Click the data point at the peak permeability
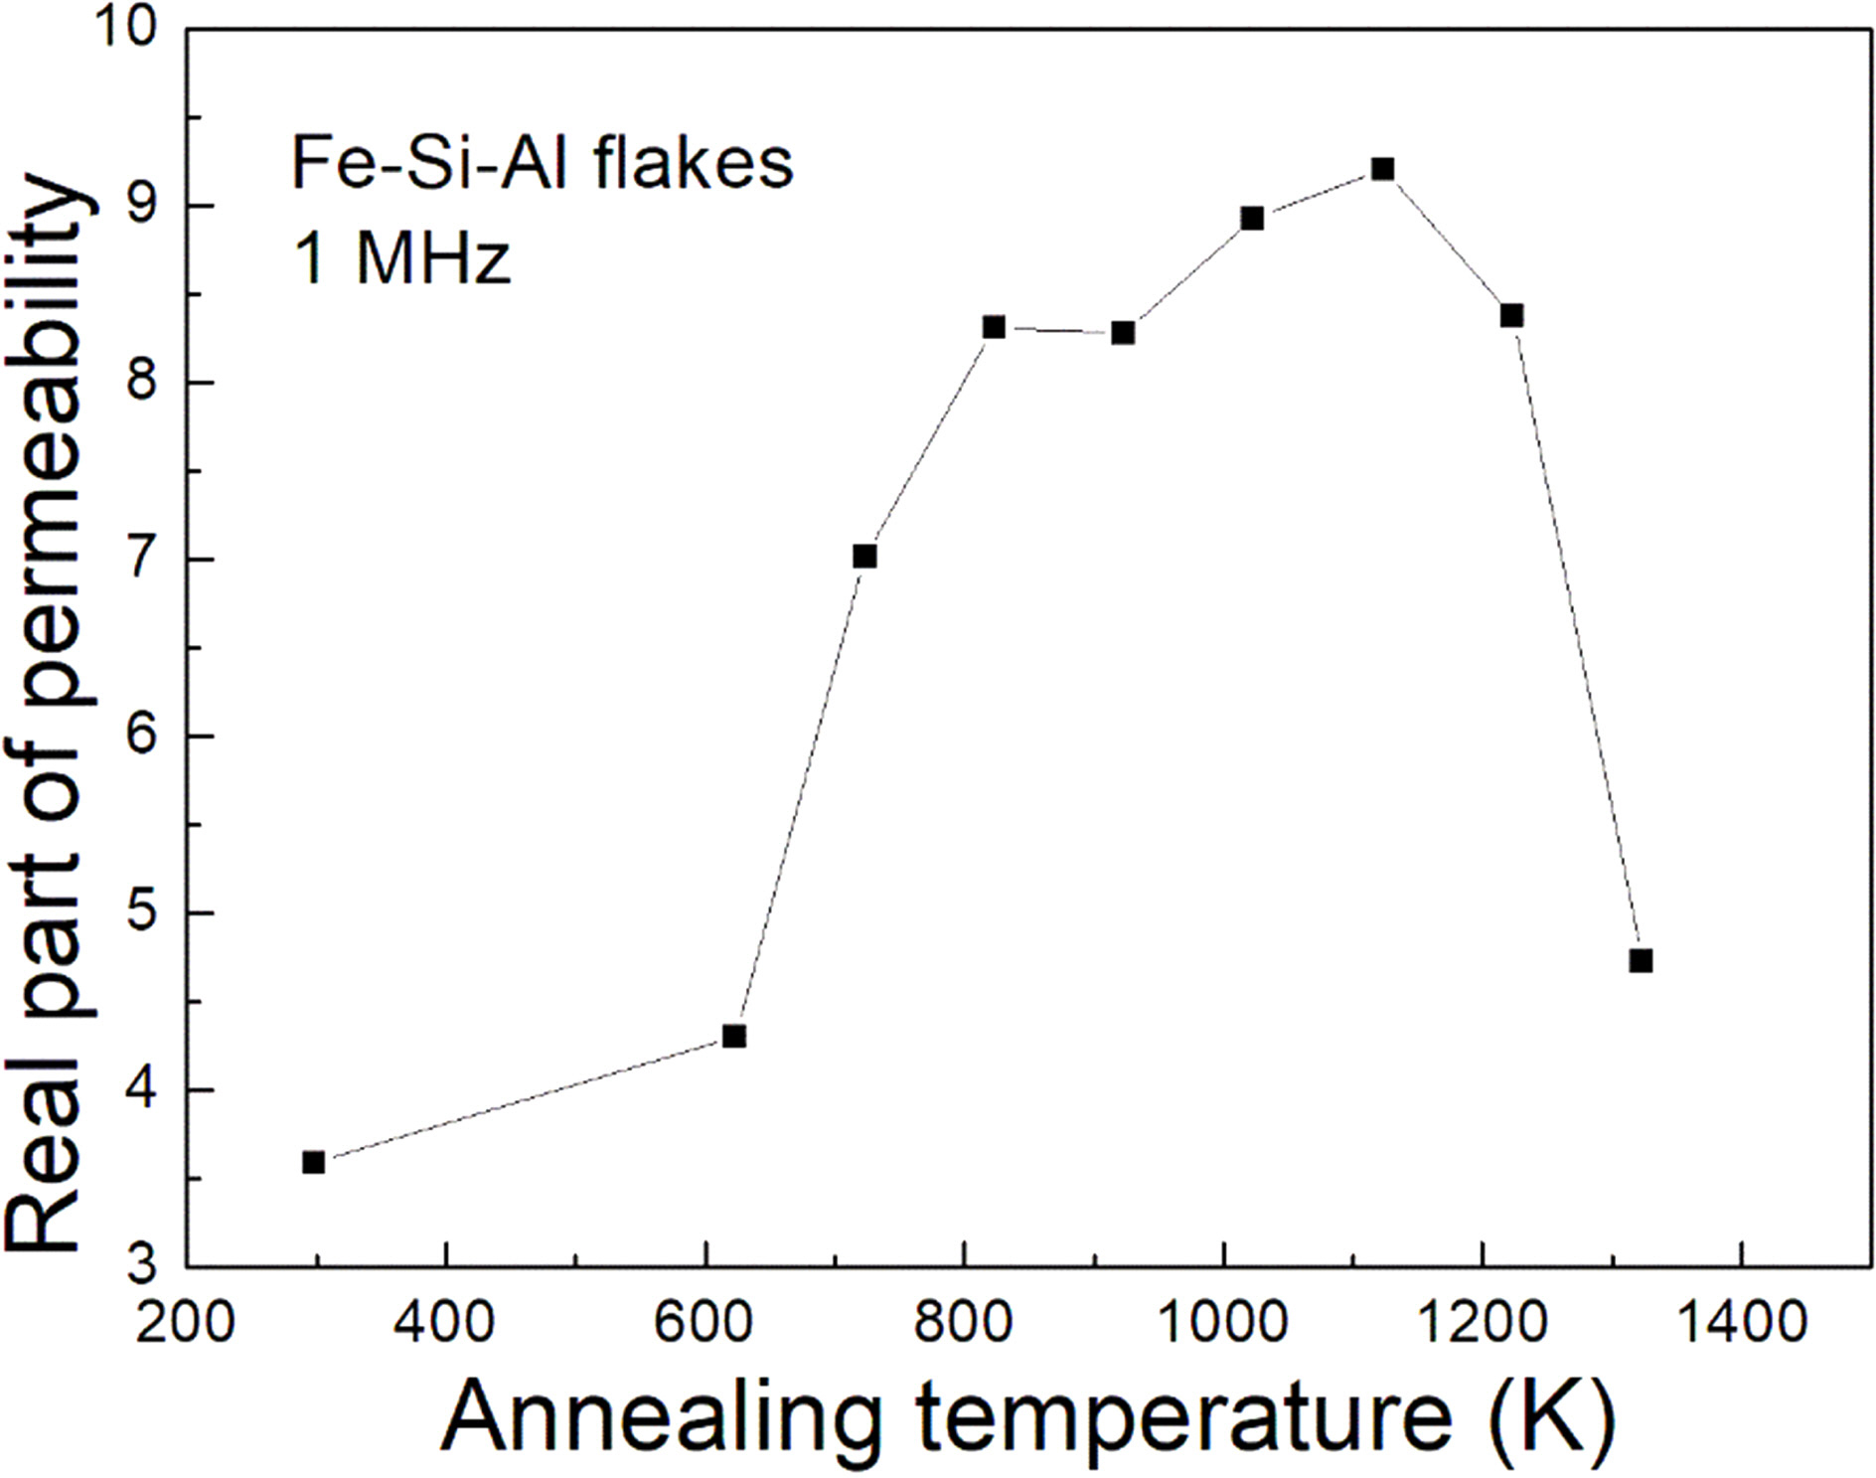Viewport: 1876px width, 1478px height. (x=1382, y=169)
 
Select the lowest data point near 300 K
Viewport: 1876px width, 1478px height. (x=314, y=1162)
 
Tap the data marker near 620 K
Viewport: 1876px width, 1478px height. (x=734, y=1037)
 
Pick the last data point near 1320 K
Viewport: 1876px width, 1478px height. (x=1641, y=961)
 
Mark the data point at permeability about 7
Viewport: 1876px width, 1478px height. (x=864, y=557)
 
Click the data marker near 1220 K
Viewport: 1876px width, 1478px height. (x=1511, y=316)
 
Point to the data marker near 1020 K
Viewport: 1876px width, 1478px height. (x=1253, y=219)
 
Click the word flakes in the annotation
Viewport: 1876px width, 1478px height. (x=695, y=163)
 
